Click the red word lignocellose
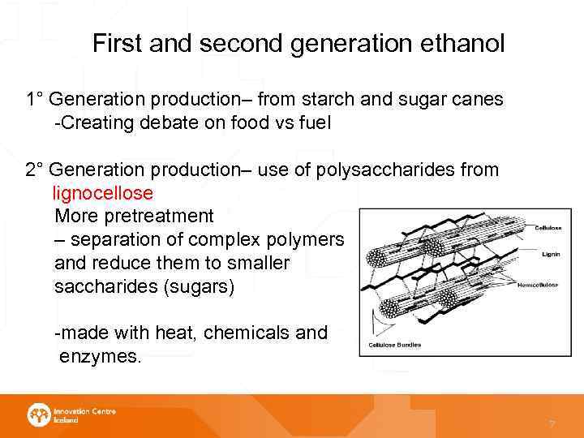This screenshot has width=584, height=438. [x=102, y=194]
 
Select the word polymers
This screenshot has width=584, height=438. [x=311, y=240]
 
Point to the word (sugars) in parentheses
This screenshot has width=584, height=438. [x=194, y=287]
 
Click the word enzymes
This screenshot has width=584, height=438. [x=101, y=355]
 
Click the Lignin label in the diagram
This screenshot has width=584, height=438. [x=551, y=254]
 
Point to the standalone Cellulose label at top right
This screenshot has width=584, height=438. [x=547, y=228]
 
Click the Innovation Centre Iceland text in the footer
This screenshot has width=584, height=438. [x=84, y=415]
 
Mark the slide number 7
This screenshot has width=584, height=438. [x=552, y=424]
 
